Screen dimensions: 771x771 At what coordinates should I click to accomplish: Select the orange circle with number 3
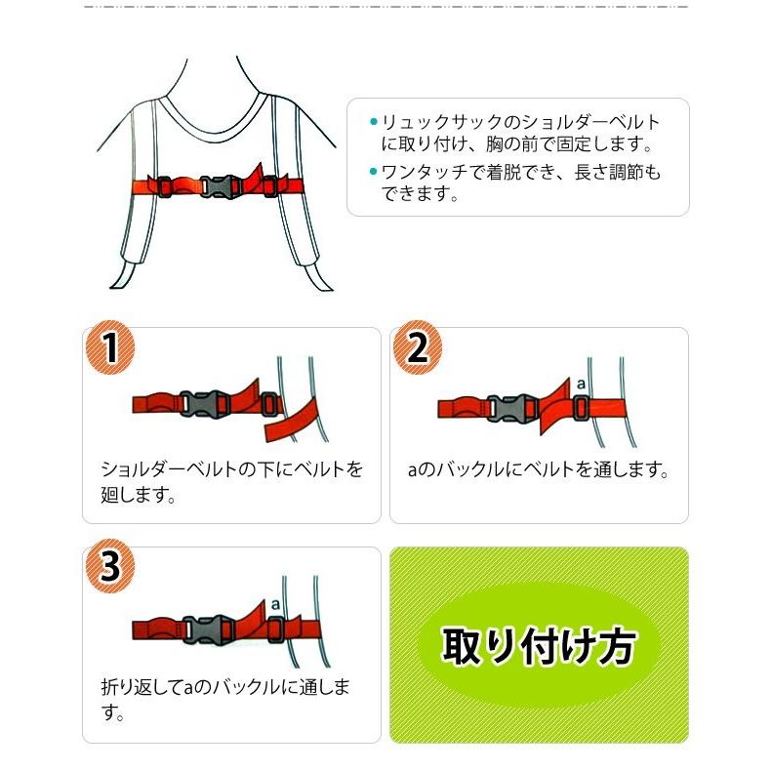click(x=110, y=567)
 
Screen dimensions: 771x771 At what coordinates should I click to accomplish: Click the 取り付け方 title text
click(x=539, y=645)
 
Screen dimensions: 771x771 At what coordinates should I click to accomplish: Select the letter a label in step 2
click(x=580, y=384)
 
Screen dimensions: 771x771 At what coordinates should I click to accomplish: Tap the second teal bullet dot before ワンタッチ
click(x=373, y=173)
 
